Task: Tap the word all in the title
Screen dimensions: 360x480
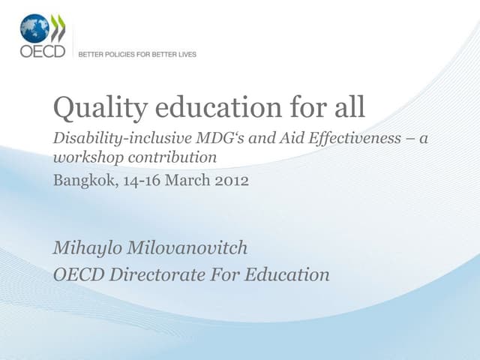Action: (347, 109)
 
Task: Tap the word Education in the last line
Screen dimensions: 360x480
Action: (288, 274)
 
